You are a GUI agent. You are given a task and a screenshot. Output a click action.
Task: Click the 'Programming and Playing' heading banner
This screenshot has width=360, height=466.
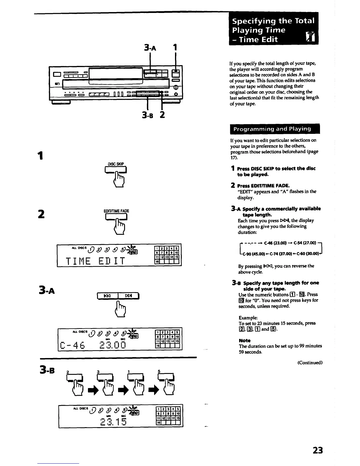[272, 129]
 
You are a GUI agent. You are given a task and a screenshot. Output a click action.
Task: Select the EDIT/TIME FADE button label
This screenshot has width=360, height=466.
[116, 211]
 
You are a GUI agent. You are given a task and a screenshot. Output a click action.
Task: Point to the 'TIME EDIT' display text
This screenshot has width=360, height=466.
[96, 261]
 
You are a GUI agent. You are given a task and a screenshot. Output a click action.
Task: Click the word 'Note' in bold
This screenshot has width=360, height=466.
[244, 340]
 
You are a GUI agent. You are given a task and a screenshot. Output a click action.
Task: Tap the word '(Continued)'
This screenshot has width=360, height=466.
[310, 362]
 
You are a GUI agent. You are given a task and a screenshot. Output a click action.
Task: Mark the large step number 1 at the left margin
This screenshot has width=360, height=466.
[41, 156]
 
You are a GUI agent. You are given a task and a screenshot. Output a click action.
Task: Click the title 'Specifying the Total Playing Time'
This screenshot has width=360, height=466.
[273, 26]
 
